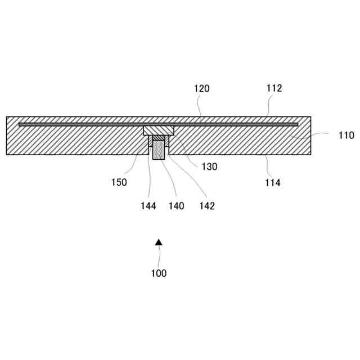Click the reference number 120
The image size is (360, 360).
pyautogui.click(x=201, y=88)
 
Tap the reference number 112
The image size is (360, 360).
pyautogui.click(x=274, y=88)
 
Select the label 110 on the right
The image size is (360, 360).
pyautogui.click(x=346, y=135)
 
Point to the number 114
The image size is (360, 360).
pyautogui.click(x=272, y=182)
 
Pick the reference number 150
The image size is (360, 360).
pyautogui.click(x=119, y=182)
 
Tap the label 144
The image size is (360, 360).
pyautogui.click(x=148, y=206)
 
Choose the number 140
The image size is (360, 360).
pyautogui.click(x=176, y=206)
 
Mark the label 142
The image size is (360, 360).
pyautogui.click(x=206, y=206)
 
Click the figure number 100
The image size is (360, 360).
pyautogui.click(x=159, y=273)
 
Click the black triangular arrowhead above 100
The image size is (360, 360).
pyautogui.click(x=159, y=242)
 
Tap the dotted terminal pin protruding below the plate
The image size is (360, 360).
pyautogui.click(x=159, y=151)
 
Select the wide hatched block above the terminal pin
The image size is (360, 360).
pyautogui.click(x=159, y=130)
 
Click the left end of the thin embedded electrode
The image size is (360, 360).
pyautogui.click(x=20, y=124)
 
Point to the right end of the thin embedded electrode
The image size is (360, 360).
pyautogui.click(x=296, y=124)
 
